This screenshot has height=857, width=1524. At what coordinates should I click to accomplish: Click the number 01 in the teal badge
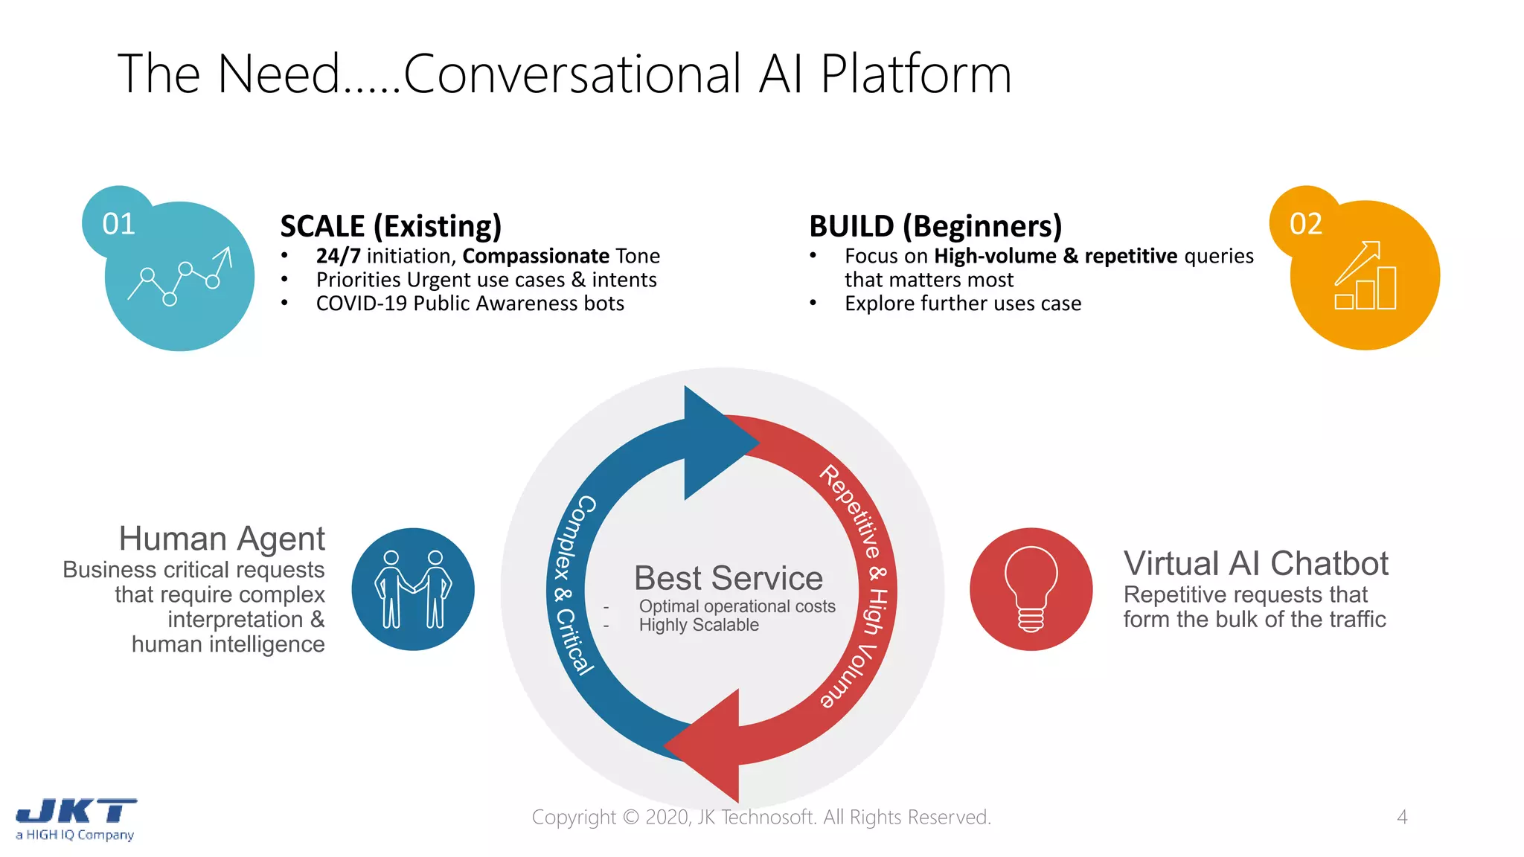118,224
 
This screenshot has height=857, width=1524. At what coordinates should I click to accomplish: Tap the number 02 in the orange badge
1305,224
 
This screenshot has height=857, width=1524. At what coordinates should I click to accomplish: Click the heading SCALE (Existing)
391,226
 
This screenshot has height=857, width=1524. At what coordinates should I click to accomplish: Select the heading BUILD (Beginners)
935,226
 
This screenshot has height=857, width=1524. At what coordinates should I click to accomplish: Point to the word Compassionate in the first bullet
536,256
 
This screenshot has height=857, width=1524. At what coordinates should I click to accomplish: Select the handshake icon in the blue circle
413,589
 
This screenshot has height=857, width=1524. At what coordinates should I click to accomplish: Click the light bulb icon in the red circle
1031,589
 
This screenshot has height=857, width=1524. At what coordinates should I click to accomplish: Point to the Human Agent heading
222,539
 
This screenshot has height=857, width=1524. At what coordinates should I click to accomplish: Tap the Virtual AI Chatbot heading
1255,564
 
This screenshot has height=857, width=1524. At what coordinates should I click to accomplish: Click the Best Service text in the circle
728,578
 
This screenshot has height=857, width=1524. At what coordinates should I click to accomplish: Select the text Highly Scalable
699,625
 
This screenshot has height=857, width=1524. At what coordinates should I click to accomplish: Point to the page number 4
1402,817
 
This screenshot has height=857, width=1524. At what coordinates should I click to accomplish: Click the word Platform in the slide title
915,74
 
